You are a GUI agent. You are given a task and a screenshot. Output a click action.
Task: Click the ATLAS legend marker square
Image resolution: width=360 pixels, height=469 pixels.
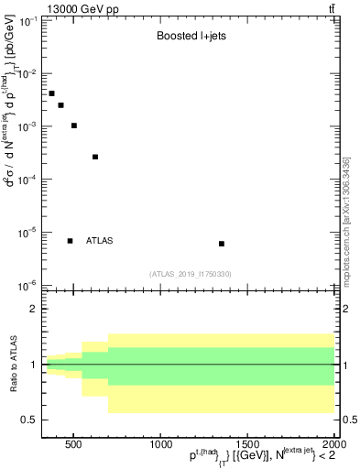click(x=70, y=241)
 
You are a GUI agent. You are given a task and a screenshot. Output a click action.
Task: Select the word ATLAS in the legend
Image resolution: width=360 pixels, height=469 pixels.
click(x=99, y=241)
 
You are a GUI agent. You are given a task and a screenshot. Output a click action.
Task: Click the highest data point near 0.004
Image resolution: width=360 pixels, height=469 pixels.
click(x=52, y=93)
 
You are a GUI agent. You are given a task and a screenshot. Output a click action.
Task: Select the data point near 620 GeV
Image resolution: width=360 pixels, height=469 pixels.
click(x=95, y=157)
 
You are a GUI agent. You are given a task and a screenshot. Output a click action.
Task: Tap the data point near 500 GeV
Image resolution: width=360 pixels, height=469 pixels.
click(x=74, y=125)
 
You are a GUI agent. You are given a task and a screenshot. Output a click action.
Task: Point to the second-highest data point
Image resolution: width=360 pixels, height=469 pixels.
click(x=60, y=105)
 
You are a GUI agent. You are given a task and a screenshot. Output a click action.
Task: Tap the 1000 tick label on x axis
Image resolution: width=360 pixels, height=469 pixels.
click(x=159, y=445)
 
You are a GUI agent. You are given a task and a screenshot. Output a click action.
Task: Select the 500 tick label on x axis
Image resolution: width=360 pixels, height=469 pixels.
click(x=74, y=445)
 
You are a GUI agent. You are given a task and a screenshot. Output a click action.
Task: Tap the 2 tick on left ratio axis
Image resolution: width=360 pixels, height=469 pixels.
click(x=34, y=310)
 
